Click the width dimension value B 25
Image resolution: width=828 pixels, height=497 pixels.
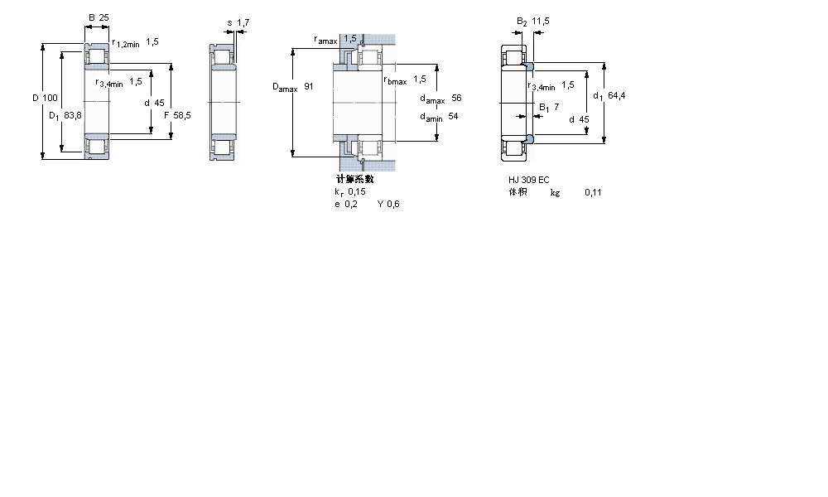click(99, 17)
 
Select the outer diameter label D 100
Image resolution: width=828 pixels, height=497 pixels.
click(45, 98)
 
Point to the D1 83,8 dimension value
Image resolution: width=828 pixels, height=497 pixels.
click(65, 115)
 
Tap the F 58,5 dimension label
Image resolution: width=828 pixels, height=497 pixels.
click(177, 115)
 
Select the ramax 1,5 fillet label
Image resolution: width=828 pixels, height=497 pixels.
click(335, 39)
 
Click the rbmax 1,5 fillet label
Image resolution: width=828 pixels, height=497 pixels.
click(405, 80)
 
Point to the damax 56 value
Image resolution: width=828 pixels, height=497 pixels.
click(440, 98)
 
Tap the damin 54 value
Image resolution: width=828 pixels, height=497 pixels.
click(439, 117)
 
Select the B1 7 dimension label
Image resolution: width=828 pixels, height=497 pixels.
click(550, 107)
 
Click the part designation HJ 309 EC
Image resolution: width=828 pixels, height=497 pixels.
click(528, 180)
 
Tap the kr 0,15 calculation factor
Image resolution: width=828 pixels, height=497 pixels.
click(350, 191)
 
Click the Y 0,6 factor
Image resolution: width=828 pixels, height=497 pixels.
click(388, 204)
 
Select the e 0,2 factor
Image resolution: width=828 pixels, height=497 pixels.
click(345, 204)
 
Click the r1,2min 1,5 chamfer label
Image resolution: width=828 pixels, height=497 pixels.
click(134, 41)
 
